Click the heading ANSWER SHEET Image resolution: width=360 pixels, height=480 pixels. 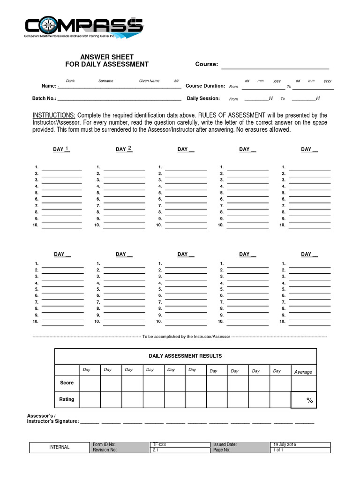(107, 57)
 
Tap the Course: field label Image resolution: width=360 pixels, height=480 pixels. (206, 64)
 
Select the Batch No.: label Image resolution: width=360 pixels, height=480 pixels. (44, 98)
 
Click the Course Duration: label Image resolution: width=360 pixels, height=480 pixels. (205, 86)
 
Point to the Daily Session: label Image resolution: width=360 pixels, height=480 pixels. (203, 98)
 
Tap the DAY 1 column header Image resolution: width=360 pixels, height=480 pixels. (61, 149)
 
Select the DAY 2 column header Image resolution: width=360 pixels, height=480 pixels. (124, 149)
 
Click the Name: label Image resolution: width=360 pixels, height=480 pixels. (49, 86)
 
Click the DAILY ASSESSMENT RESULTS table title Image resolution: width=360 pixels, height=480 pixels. (185, 356)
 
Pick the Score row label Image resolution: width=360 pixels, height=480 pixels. (67, 383)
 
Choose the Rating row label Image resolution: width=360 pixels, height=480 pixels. (67, 399)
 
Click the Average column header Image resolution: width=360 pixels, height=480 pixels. (303, 372)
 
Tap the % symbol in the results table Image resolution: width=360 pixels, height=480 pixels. (309, 400)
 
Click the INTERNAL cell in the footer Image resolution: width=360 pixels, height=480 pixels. (60, 447)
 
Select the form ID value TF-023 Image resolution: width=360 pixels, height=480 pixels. (159, 444)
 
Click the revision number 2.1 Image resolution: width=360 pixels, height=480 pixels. (156, 450)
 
